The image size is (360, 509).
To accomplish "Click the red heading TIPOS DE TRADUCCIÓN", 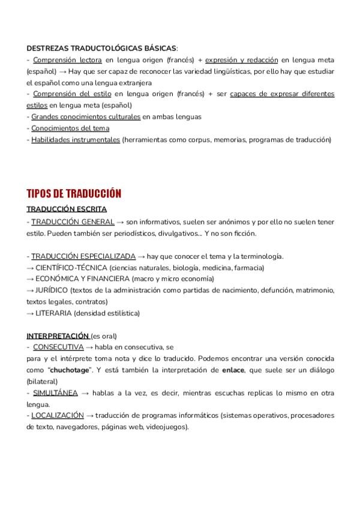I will click(x=74, y=193).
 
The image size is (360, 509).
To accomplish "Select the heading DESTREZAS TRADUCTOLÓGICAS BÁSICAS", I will click(x=101, y=48).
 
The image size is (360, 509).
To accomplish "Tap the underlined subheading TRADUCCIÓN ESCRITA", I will click(x=67, y=209).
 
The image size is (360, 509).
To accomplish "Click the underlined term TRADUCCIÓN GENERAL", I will click(x=73, y=221).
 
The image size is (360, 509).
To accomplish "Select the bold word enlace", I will click(x=232, y=370).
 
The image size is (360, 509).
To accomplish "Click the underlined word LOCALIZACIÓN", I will click(x=58, y=415).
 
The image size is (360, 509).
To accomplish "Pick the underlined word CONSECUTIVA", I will click(x=58, y=347).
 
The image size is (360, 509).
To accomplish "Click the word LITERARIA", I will click(x=55, y=313).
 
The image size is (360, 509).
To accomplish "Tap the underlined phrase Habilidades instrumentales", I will click(x=76, y=140).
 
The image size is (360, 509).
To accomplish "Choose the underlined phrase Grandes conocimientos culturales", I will click(x=86, y=117).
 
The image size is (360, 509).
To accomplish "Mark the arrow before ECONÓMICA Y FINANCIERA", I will click(x=31, y=279).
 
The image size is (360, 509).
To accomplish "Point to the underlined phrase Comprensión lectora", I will click(x=67, y=60).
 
